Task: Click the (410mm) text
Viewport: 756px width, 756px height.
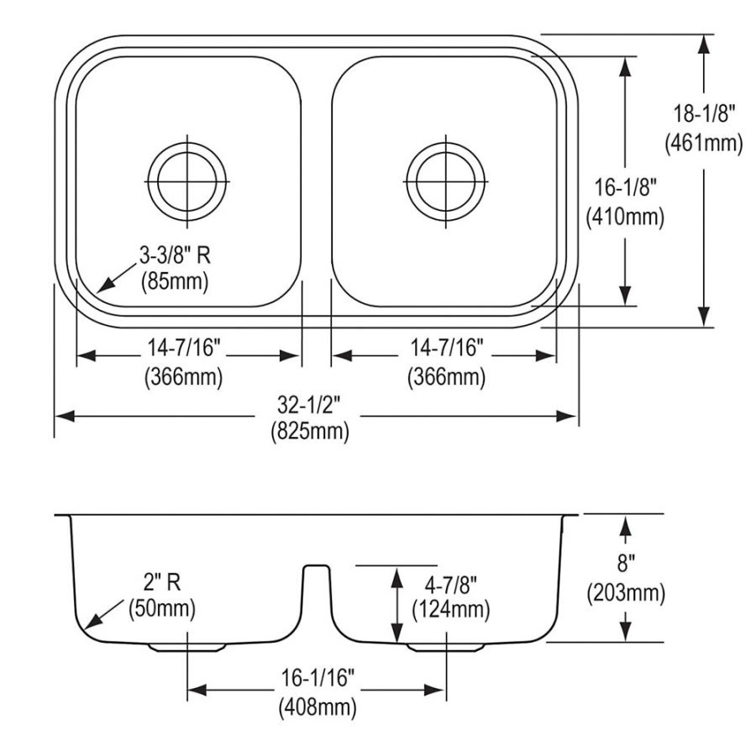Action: pos(625,218)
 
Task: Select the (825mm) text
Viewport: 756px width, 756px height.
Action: pos(309,433)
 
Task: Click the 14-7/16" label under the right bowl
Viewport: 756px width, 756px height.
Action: pos(445,347)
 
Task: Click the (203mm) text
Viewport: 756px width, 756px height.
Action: pos(626,593)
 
